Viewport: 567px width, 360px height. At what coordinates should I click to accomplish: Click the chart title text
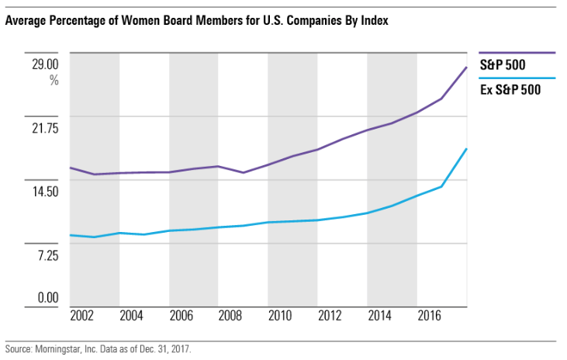(195, 22)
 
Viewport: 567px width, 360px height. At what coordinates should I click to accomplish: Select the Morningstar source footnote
(98, 349)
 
